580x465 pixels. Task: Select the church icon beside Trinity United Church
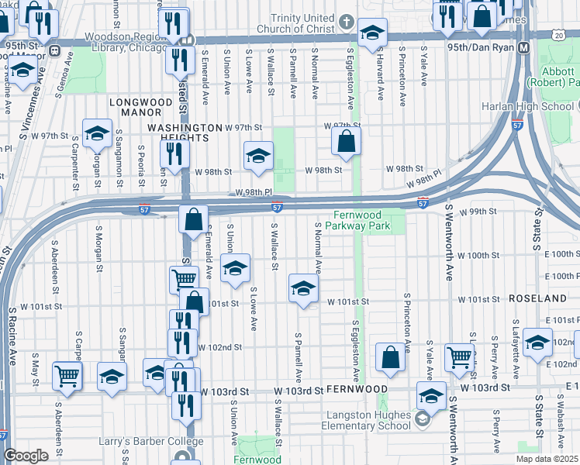click(x=346, y=22)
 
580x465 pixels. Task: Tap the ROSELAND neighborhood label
click(x=537, y=298)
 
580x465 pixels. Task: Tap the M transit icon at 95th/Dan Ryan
click(x=523, y=48)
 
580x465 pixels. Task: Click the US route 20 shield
click(x=559, y=35)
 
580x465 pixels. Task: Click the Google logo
click(x=26, y=456)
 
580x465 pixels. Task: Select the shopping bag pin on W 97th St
click(x=346, y=142)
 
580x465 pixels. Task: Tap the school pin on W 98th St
click(x=258, y=157)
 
